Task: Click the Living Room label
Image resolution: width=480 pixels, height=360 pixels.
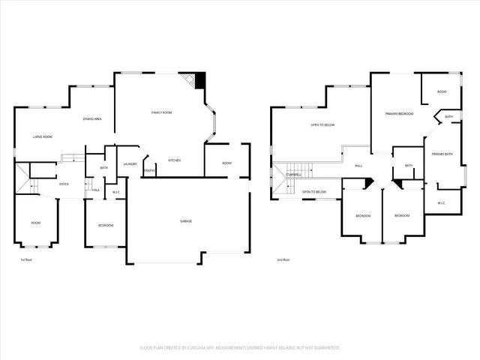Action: pyautogui.click(x=42, y=136)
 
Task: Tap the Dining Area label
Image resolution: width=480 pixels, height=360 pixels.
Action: pyautogui.click(x=93, y=119)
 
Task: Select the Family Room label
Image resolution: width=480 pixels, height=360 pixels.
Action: pyautogui.click(x=161, y=112)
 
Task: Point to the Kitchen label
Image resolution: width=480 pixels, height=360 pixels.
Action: pyautogui.click(x=174, y=160)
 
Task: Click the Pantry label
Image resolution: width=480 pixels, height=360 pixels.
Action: pyautogui.click(x=149, y=170)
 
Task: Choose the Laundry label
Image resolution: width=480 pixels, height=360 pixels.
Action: pyautogui.click(x=130, y=163)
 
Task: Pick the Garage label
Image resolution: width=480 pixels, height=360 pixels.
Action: pyautogui.click(x=185, y=221)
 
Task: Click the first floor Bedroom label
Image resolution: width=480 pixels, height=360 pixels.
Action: pyautogui.click(x=105, y=225)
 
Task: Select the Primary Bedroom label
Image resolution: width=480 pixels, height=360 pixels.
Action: pyautogui.click(x=400, y=113)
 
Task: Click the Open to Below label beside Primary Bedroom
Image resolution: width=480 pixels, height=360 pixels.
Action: pyautogui.click(x=322, y=125)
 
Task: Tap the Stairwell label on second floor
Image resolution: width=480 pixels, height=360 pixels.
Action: pyautogui.click(x=294, y=175)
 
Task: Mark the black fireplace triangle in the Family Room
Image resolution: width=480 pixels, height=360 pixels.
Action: pyautogui.click(x=199, y=79)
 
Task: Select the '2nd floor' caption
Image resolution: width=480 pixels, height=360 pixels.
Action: pyautogui.click(x=283, y=259)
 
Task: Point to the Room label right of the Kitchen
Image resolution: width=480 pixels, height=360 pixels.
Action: pyautogui.click(x=226, y=163)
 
